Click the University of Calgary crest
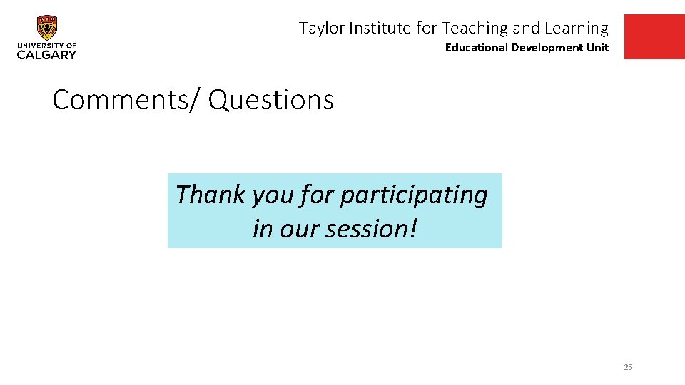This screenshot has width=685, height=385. pyautogui.click(x=47, y=28)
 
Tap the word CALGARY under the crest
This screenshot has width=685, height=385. pyautogui.click(x=46, y=54)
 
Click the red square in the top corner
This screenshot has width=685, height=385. pyautogui.click(x=654, y=36)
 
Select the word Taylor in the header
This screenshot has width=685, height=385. pyautogui.click(x=319, y=29)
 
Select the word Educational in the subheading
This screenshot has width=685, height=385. pyautogui.click(x=476, y=48)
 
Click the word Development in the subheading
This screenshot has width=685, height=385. pyautogui.click(x=545, y=48)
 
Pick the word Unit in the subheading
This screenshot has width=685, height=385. pyautogui.click(x=597, y=48)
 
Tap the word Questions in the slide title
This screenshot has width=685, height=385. pyautogui.click(x=271, y=100)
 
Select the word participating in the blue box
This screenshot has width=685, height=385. pyautogui.click(x=414, y=195)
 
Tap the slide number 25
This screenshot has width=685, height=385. pyautogui.click(x=628, y=367)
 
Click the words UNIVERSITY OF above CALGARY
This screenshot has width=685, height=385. pyautogui.click(x=46, y=45)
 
